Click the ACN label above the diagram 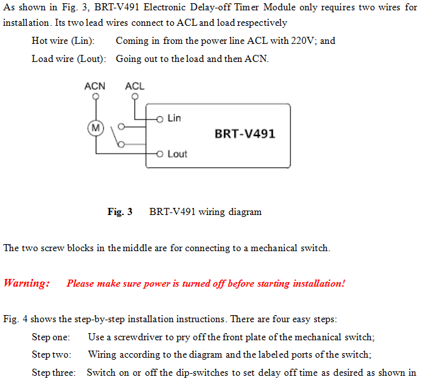tap(95, 86)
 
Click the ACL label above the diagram tap(135, 86)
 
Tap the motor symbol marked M tap(96, 128)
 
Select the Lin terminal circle tap(160, 119)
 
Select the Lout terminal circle tap(160, 154)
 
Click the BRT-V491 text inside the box tap(245, 134)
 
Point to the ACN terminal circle tap(96, 96)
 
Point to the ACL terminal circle tap(135, 96)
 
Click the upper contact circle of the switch tap(122, 127)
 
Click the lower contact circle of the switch tap(122, 145)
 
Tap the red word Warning tap(27, 283)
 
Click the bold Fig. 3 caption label tap(120, 212)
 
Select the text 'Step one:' tap(50, 337)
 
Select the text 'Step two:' tap(52, 354)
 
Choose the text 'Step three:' tap(54, 373)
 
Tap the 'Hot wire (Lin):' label tap(63, 41)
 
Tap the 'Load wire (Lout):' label tap(69, 59)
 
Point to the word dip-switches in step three tap(202, 373)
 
